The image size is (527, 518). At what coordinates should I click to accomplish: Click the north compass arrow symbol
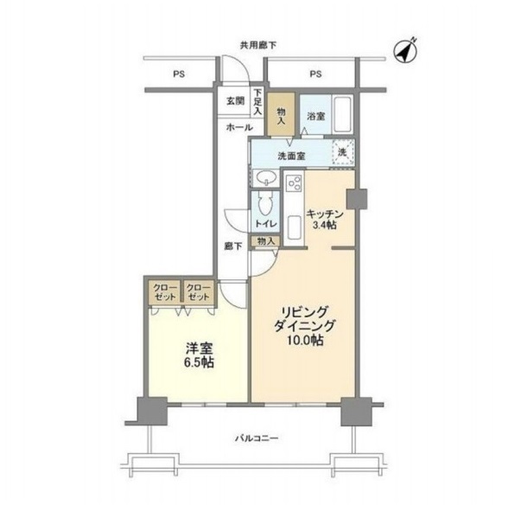pos(405,51)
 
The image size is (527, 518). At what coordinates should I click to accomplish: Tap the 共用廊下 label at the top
pos(258,46)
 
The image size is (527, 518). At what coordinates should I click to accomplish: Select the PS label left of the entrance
pos(179,74)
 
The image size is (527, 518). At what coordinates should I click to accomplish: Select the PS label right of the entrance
pos(315,74)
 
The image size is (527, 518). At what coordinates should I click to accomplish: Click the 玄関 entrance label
pos(235,101)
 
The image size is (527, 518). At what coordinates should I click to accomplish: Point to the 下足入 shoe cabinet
pos(257,101)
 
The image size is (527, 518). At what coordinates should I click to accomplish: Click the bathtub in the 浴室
pos(343,115)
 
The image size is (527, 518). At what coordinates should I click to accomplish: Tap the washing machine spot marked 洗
pos(343,152)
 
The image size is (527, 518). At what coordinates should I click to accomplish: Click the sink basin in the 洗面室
pos(266,177)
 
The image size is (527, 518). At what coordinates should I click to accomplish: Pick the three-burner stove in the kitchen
pos(294,184)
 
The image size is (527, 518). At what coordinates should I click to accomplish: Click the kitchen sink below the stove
pos(294,227)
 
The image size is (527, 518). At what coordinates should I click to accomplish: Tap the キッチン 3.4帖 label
pos(324,220)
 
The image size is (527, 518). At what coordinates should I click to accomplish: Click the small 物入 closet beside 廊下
pos(266,241)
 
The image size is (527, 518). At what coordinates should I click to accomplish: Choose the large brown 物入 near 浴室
pos(281,115)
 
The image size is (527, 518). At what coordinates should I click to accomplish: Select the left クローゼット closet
pos(165,292)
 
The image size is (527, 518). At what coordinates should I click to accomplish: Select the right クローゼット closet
pos(199,292)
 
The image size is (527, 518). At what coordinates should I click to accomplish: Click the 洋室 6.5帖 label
pos(200,355)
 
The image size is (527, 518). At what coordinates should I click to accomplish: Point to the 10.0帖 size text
pos(305,341)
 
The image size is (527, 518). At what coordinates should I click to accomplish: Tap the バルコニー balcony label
pos(257,438)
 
